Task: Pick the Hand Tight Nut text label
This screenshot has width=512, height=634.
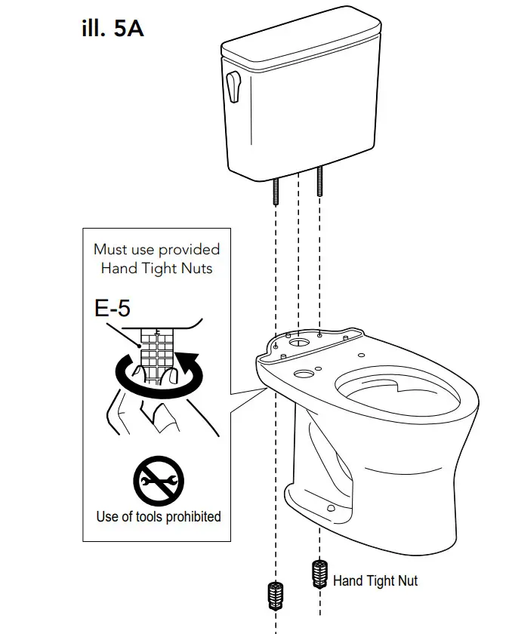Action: (375, 580)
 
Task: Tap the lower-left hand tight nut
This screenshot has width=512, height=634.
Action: (276, 596)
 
